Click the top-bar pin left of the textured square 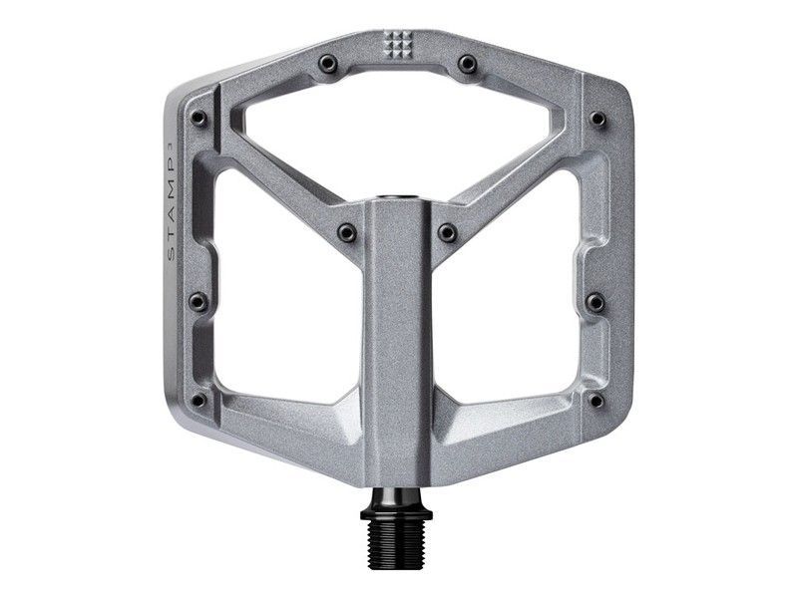(x=326, y=65)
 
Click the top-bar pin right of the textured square (x=467, y=65)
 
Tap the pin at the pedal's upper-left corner (x=198, y=119)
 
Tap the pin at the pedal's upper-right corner (x=597, y=119)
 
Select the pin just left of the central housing (x=346, y=232)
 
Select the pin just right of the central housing (x=448, y=232)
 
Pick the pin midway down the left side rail (x=198, y=300)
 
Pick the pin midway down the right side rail (x=597, y=300)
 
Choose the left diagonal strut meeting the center (x=289, y=179)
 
